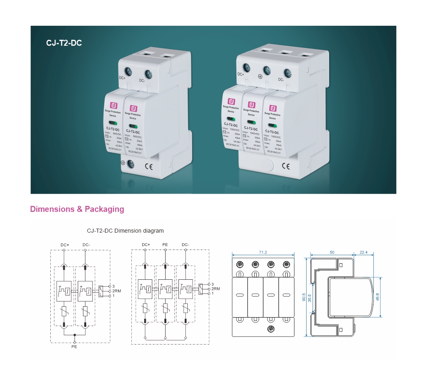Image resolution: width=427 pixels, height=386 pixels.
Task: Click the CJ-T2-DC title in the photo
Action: point(64,43)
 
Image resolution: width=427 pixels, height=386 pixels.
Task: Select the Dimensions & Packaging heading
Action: point(77,209)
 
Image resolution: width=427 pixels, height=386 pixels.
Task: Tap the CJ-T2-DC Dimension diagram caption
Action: point(125,231)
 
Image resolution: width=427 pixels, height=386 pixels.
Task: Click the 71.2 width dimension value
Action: point(263,252)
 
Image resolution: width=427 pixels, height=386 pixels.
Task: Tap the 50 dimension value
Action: point(332,252)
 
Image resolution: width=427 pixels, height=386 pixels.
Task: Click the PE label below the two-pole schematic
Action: point(74,347)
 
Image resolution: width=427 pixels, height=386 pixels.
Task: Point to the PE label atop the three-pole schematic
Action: point(165,244)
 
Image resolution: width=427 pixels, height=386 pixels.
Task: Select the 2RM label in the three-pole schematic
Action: point(216,289)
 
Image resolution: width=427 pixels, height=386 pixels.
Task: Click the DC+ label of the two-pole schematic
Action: point(64,244)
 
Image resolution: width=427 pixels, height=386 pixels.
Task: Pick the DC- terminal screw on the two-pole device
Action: point(148,74)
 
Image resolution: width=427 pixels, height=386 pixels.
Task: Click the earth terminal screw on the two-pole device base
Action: point(131,163)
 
